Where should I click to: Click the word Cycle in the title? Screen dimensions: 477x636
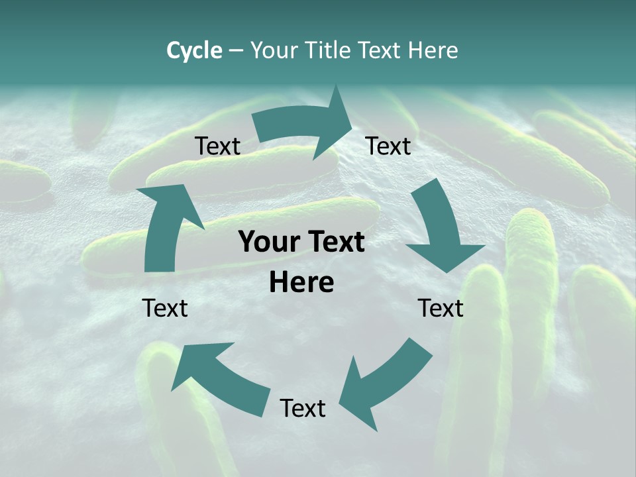(x=194, y=50)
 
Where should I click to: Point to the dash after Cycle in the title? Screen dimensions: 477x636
(x=236, y=51)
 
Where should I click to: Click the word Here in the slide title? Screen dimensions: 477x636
(x=433, y=50)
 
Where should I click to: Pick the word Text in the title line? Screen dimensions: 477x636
(x=381, y=50)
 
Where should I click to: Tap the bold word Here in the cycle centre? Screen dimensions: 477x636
(x=301, y=283)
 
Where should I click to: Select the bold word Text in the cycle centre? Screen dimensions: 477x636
(x=334, y=242)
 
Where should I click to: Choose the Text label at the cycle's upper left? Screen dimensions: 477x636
(x=217, y=146)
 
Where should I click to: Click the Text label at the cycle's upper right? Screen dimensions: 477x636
(x=388, y=146)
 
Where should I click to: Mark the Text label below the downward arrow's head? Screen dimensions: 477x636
(x=441, y=308)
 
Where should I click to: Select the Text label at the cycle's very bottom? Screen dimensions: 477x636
(x=303, y=409)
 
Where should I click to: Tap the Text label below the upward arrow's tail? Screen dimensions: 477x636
(x=165, y=308)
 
